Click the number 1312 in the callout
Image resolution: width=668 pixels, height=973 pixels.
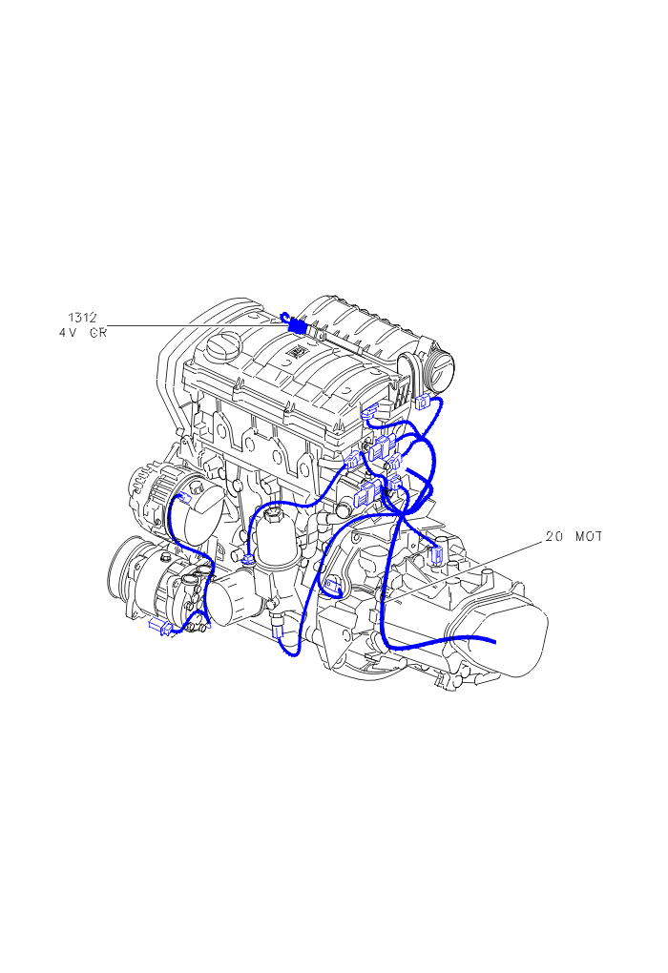pyautogui.click(x=83, y=318)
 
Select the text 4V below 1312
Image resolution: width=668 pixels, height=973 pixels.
pyautogui.click(x=67, y=333)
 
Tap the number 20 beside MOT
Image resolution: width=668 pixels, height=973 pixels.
pyautogui.click(x=553, y=536)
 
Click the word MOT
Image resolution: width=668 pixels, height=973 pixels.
pyautogui.click(x=589, y=536)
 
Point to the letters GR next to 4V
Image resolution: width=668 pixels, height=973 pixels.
pyautogui.click(x=98, y=333)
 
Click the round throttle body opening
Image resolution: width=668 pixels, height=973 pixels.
pyautogui.click(x=439, y=370)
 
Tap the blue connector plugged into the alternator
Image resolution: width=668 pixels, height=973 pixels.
pyautogui.click(x=184, y=497)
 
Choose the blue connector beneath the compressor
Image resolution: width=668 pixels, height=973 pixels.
pyautogui.click(x=160, y=628)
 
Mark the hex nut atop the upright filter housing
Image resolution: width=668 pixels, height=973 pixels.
pyautogui.click(x=273, y=515)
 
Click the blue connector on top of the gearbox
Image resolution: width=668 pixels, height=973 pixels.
pyautogui.click(x=437, y=553)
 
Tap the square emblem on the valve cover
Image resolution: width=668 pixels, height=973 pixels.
pyautogui.click(x=292, y=351)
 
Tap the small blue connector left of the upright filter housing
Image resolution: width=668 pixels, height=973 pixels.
pyautogui.click(x=248, y=560)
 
